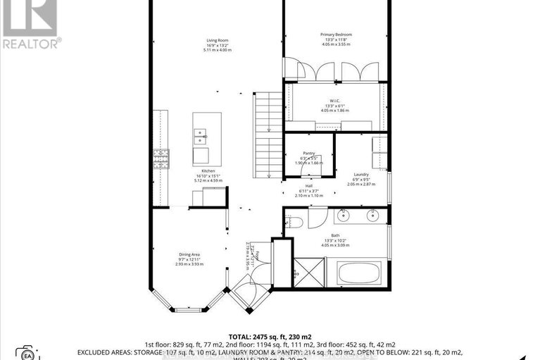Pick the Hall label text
click(308, 185)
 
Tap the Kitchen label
click(208, 170)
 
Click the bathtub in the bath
click(358, 273)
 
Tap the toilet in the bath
click(294, 223)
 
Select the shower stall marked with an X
click(308, 272)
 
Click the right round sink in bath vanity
click(373, 214)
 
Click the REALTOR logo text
click(31, 43)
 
